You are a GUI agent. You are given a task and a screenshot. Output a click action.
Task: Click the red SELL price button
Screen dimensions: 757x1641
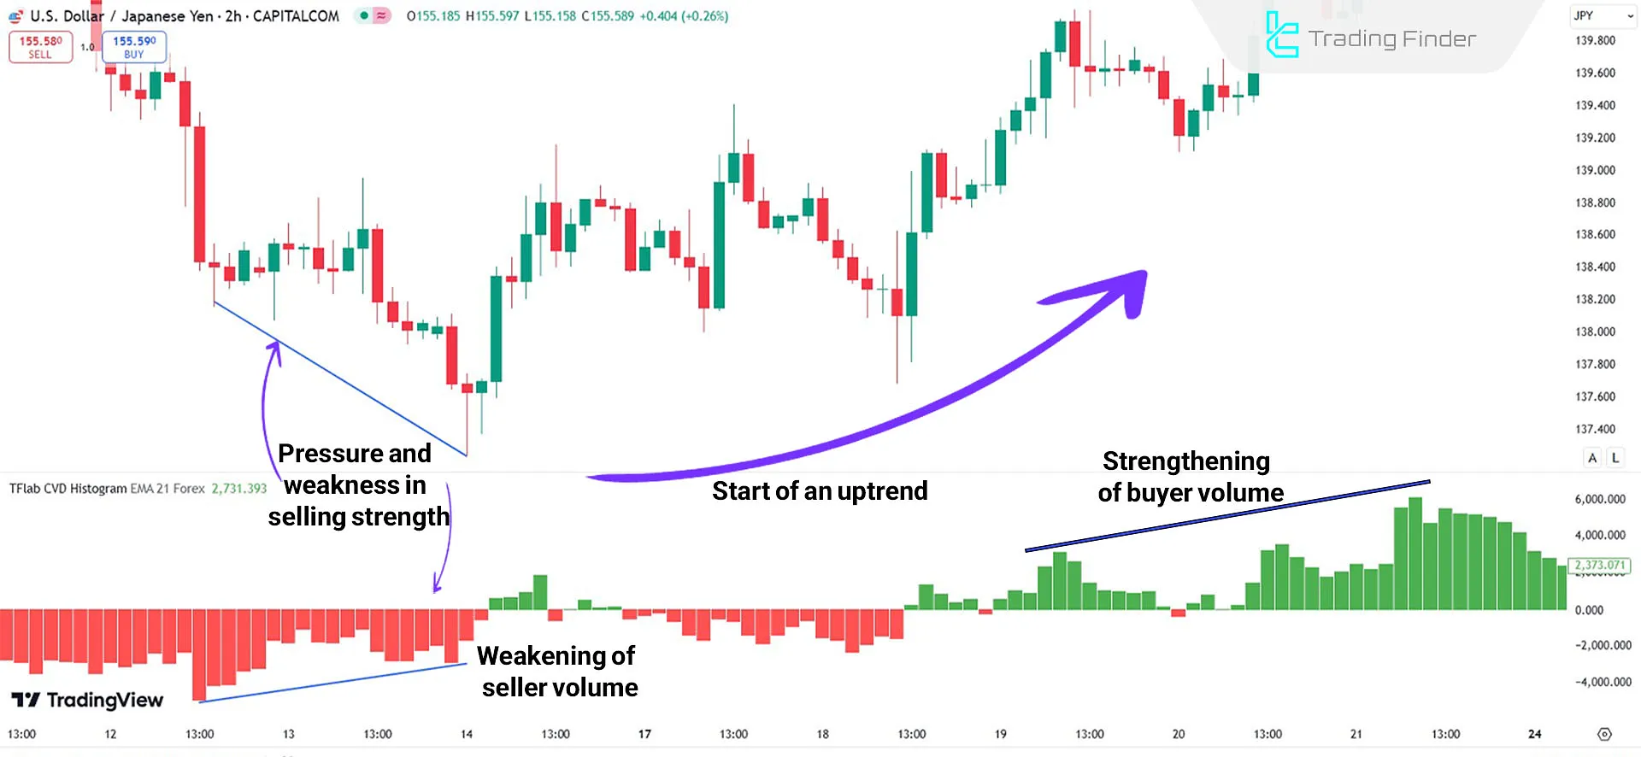(40, 47)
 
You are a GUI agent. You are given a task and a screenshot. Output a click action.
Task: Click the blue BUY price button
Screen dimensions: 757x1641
(134, 47)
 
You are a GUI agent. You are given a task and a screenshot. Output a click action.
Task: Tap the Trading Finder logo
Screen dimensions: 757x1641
(1370, 38)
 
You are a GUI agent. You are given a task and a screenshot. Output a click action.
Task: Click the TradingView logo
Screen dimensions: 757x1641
(88, 701)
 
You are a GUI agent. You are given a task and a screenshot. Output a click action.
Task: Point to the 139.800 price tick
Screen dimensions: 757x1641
(1595, 40)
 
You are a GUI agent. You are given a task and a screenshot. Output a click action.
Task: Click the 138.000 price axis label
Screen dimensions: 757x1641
(1595, 332)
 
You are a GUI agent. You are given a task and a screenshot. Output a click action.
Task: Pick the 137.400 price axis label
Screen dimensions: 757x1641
(1595, 429)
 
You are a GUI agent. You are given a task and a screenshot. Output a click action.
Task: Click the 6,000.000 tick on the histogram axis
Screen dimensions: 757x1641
(1599, 499)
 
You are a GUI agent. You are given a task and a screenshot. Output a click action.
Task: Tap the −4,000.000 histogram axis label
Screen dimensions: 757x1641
(1603, 682)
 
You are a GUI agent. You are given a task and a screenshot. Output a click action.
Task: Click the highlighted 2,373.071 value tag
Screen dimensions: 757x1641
(1599, 565)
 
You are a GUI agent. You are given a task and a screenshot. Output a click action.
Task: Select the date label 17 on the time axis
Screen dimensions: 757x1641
(644, 734)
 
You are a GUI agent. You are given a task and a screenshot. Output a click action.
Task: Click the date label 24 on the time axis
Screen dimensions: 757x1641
(1535, 734)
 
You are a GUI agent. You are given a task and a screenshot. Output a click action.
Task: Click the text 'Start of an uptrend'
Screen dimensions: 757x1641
(820, 491)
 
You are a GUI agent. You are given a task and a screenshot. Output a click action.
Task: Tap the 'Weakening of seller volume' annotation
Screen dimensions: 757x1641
(558, 672)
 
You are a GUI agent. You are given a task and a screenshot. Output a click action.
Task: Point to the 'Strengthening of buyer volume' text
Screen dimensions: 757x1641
(1189, 477)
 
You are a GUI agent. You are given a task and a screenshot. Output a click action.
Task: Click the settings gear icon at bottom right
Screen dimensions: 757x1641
(1604, 734)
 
